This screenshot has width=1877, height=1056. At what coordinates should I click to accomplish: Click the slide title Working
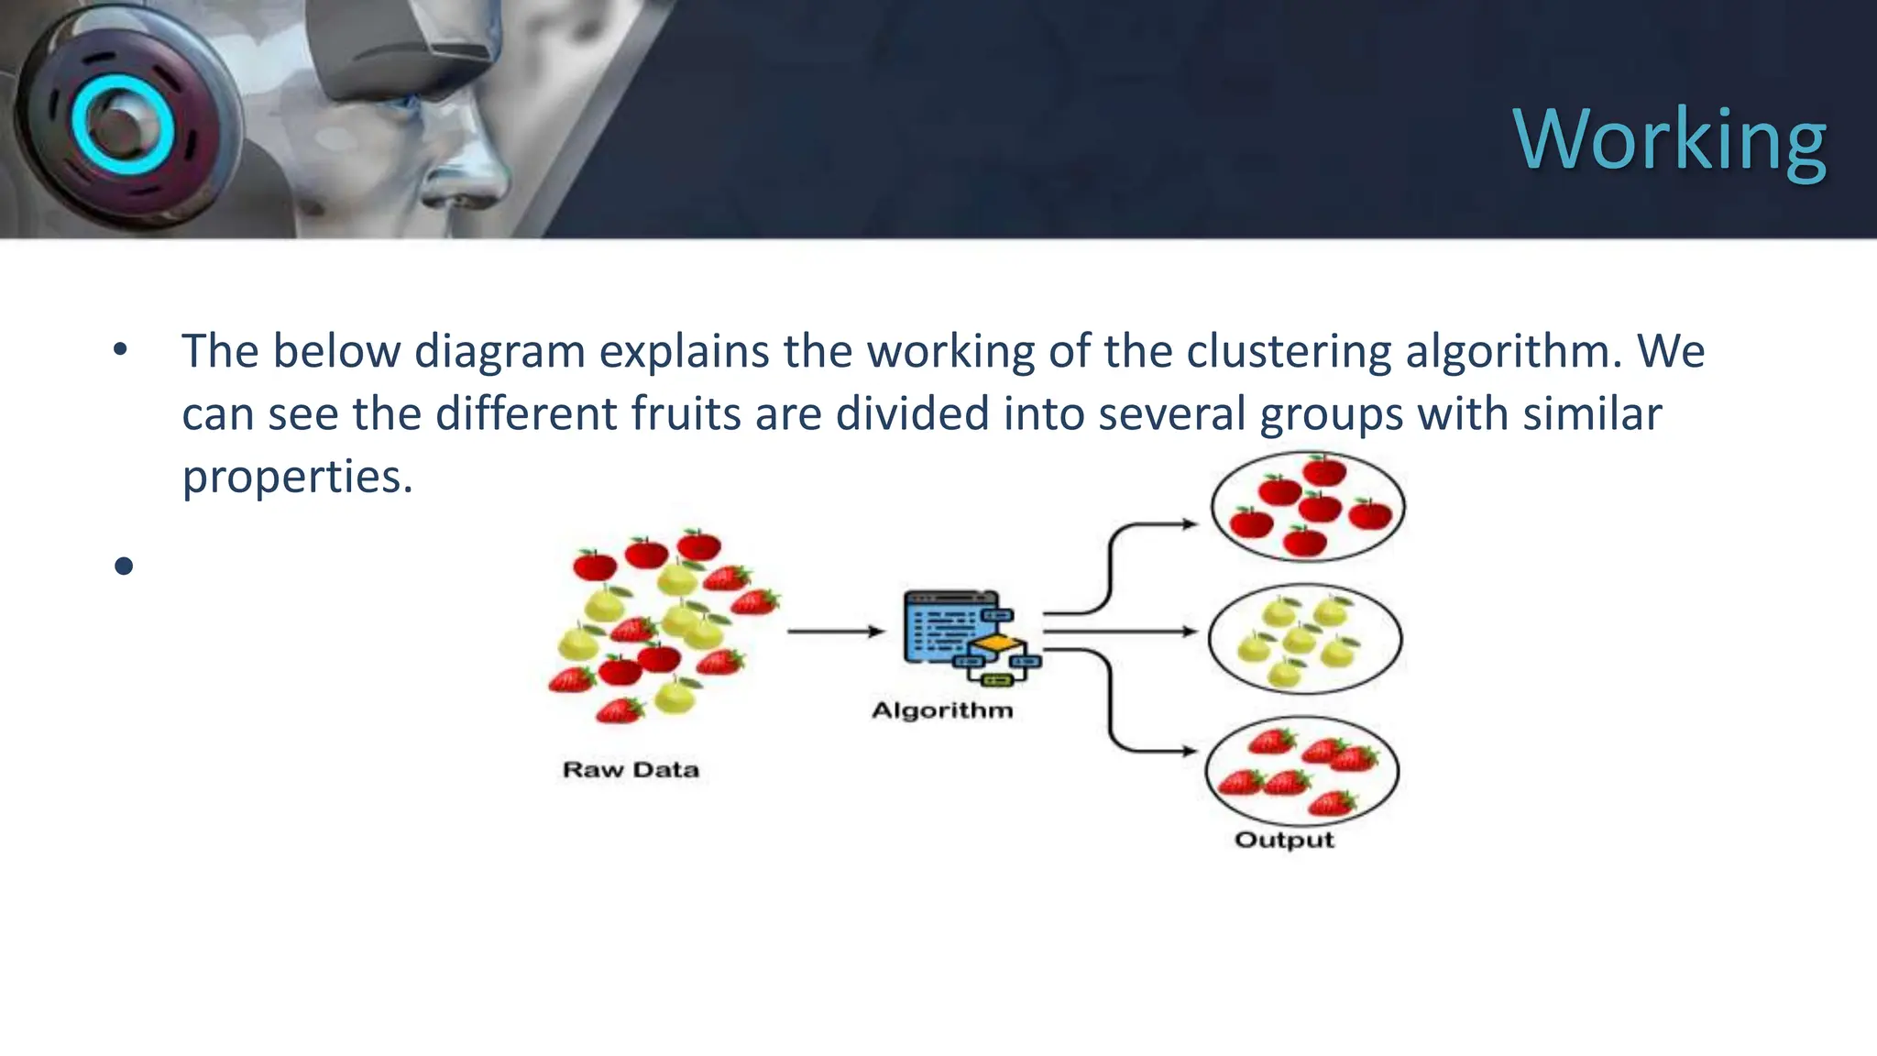1670,139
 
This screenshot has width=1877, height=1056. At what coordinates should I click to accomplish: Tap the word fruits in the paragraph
686,413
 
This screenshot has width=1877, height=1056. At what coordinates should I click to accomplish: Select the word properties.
297,477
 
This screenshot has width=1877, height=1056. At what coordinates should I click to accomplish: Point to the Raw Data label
631,769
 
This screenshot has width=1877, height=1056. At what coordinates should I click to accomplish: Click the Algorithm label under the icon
942,710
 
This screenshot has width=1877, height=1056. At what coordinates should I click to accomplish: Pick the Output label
1284,840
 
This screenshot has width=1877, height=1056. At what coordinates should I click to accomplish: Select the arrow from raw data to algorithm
835,631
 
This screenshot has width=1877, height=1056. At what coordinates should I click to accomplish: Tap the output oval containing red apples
1308,506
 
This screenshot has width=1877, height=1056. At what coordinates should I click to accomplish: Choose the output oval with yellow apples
1305,638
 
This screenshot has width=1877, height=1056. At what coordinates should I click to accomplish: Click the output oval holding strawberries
1302,772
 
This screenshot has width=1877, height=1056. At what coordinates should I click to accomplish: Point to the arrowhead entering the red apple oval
1190,524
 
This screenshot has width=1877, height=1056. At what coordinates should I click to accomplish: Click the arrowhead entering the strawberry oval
1189,751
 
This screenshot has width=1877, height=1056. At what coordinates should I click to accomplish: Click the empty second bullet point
125,566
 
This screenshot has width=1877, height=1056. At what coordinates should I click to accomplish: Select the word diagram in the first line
499,351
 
